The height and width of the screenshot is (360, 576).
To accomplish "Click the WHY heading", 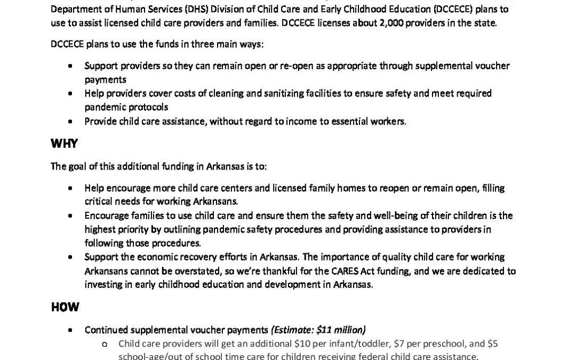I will tap(64, 144).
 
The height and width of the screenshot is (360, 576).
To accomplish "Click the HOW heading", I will tap(65, 307).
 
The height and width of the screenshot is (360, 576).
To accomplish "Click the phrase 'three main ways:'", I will tap(233, 44).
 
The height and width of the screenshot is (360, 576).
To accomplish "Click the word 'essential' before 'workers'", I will tap(362, 121).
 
